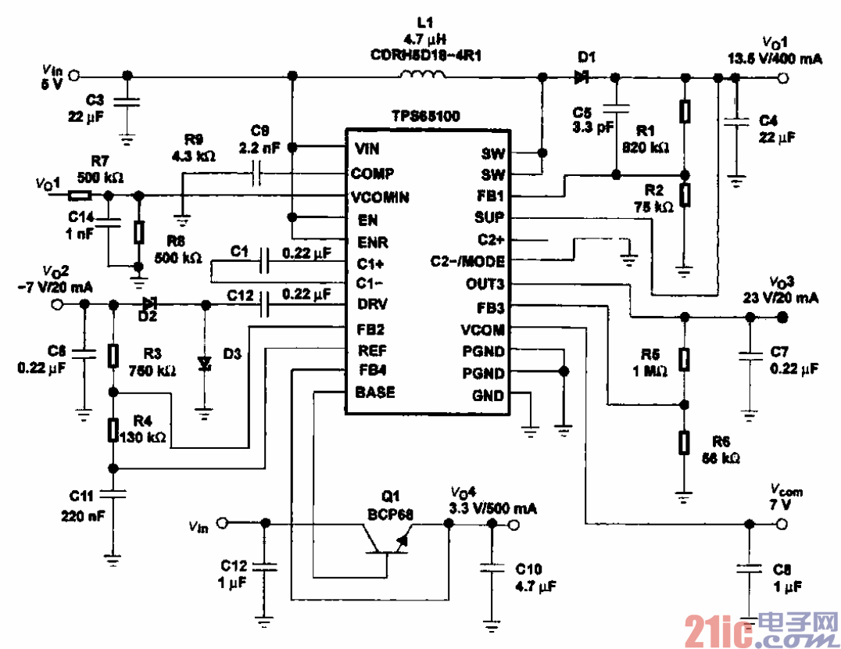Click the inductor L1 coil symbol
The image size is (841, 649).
423,75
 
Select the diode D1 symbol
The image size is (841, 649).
581,77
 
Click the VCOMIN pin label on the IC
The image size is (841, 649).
381,196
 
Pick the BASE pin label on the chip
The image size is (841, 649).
375,391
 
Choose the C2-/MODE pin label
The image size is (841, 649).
467,261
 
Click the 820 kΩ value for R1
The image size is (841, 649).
645,146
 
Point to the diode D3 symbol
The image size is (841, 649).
205,363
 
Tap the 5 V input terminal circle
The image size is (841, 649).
74,77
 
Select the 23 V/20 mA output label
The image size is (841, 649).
781,298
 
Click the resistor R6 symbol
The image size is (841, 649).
685,443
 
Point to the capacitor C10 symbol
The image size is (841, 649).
491,569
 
